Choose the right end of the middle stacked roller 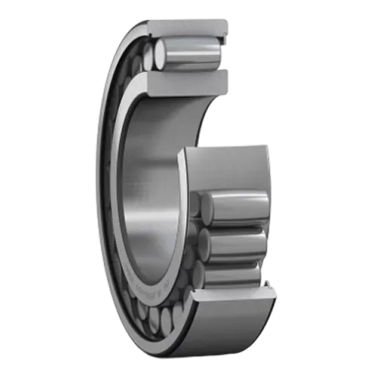pyautogui.click(x=264, y=243)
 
